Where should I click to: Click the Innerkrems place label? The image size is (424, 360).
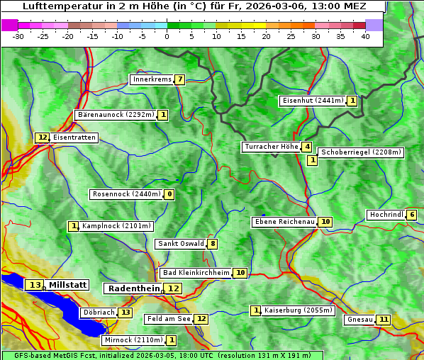pos(152,79)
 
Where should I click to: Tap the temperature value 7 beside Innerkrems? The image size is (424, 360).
pos(180,79)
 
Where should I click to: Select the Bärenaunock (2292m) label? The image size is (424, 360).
pos(116,115)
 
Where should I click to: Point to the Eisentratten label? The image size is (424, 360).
pos(74,137)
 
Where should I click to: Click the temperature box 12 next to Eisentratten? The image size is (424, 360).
pos(43,137)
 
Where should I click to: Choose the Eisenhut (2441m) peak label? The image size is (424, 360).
pos(312,101)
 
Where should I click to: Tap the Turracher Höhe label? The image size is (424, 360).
pos(271,147)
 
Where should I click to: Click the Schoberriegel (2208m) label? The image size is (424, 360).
pos(361,152)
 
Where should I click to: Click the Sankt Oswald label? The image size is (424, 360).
pos(180,244)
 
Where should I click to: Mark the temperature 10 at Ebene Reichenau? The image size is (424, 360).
pos(325,222)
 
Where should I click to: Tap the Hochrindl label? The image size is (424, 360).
pos(386,215)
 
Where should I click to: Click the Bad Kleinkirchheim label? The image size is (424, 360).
pos(196,273)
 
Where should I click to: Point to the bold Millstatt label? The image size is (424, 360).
pos(68,285)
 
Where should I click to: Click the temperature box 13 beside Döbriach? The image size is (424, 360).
pos(125,313)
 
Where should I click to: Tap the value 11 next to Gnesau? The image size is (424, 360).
pos(384,320)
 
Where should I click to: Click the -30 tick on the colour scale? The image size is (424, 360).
pos(18,36)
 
